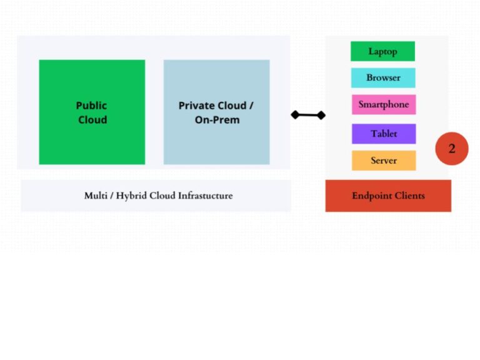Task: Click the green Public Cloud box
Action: tap(92, 112)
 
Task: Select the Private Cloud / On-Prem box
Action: tap(216, 112)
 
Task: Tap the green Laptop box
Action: tap(382, 51)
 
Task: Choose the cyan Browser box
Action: tap(383, 77)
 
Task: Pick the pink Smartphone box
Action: tap(383, 104)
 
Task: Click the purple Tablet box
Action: tap(383, 134)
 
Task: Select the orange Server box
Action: tap(383, 161)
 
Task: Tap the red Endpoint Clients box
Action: tap(388, 196)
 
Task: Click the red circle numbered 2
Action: tap(452, 149)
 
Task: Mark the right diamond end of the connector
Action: tap(321, 115)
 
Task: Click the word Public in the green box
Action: tap(92, 106)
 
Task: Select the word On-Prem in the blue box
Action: tap(217, 120)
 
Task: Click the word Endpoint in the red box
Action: tap(371, 196)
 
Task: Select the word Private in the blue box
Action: tap(196, 106)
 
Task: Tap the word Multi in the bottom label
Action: tap(96, 196)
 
